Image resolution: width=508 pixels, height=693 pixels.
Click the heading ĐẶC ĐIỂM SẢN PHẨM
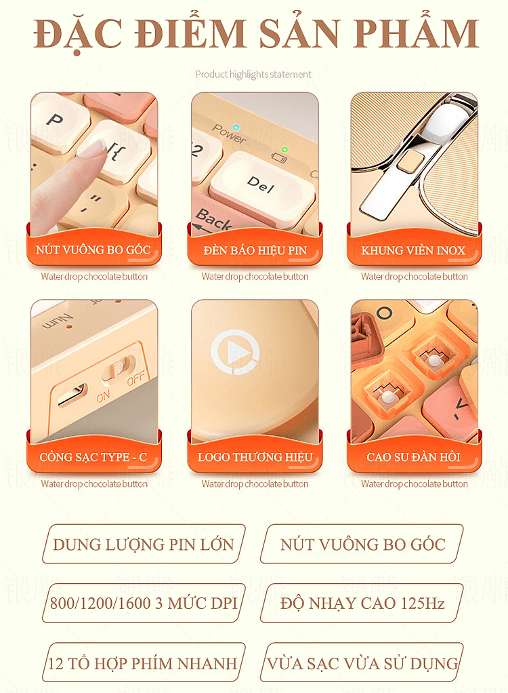point(256,34)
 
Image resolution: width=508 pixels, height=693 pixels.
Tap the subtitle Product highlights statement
point(253,75)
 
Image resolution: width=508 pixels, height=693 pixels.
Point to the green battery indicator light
point(284,149)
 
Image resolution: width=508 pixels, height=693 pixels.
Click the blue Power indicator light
point(236,127)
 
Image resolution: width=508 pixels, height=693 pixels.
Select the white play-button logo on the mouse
point(235,352)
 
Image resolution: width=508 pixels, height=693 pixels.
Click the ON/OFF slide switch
point(119,368)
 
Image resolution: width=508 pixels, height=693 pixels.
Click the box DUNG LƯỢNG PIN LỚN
point(144,544)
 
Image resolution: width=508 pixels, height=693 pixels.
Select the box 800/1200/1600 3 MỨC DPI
point(144,603)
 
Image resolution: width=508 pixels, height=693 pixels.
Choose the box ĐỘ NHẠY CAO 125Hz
point(362,603)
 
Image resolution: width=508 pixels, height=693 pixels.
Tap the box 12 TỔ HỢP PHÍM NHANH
point(144,663)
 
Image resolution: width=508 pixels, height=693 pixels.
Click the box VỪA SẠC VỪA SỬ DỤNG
point(362,663)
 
